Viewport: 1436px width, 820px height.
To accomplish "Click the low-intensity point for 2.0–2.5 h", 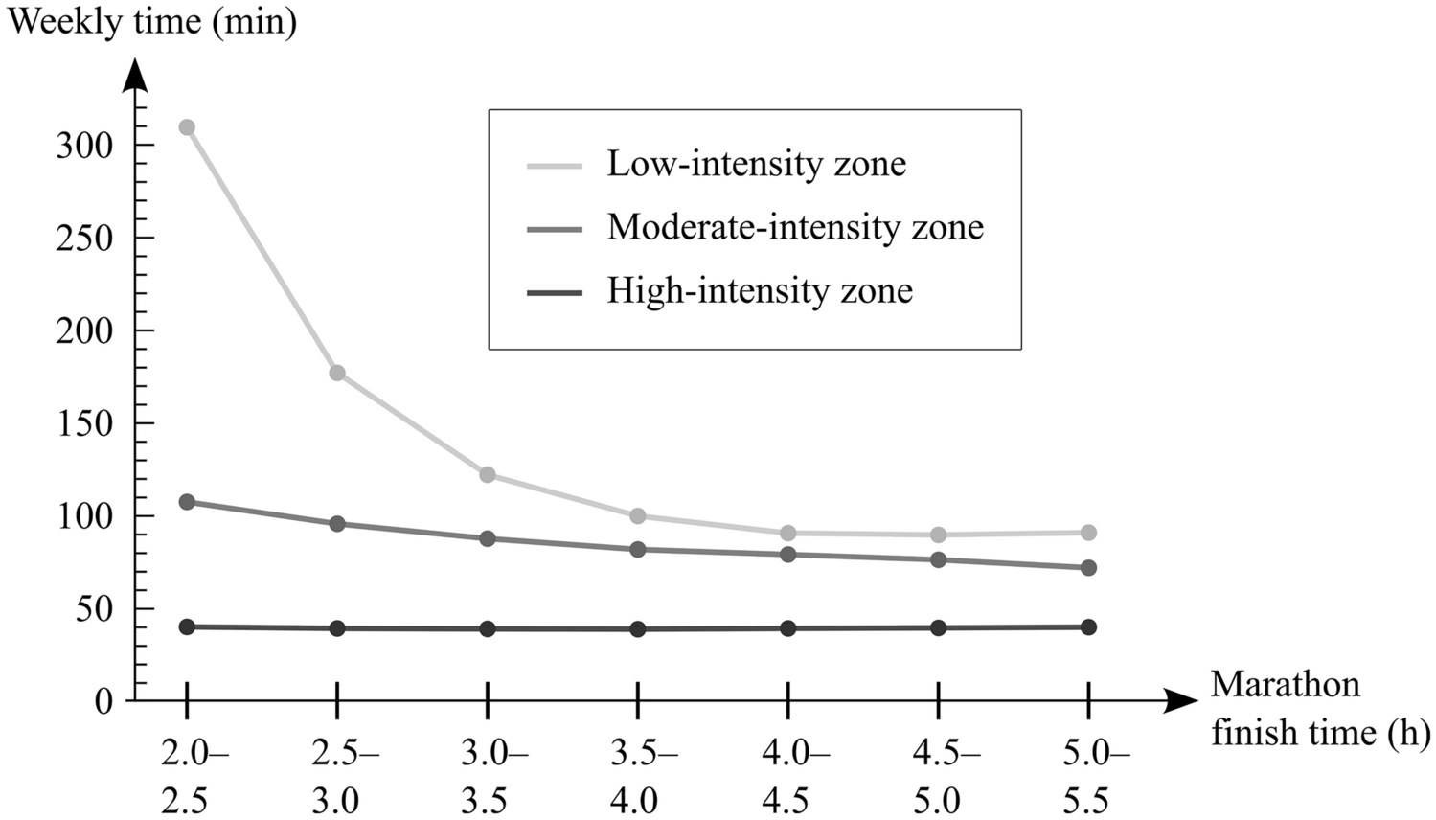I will click(187, 127).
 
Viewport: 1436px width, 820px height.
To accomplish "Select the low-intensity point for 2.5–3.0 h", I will click(337, 373).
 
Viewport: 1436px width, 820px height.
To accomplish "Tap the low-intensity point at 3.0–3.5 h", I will click(488, 474).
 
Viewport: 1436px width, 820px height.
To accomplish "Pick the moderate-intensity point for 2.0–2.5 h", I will click(187, 502).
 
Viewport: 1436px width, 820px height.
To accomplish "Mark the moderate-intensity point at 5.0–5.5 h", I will click(1088, 568).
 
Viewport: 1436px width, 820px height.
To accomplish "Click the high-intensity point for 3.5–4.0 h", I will click(638, 629).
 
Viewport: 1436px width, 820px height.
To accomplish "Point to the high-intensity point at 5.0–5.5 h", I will click(1088, 627).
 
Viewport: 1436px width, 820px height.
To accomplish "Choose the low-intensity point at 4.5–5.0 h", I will click(939, 535).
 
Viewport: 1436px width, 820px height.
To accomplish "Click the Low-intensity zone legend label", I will click(756, 164).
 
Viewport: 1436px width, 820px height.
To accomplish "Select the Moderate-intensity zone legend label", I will click(795, 227).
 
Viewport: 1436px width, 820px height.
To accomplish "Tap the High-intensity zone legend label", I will click(760, 290).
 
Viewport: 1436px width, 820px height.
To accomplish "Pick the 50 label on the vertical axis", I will click(97, 609).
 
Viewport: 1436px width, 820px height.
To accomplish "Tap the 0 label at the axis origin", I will click(103, 701).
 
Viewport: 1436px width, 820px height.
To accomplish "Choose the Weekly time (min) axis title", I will click(151, 21).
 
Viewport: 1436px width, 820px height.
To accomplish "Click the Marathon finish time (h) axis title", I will click(1319, 709).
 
